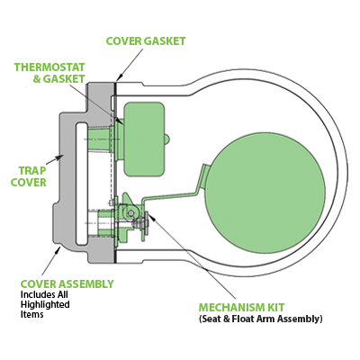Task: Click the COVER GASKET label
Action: coord(146,41)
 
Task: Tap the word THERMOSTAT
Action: coord(49,67)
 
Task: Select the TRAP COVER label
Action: coord(29,175)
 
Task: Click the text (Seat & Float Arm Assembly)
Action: coord(260,319)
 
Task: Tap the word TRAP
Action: coord(30,169)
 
